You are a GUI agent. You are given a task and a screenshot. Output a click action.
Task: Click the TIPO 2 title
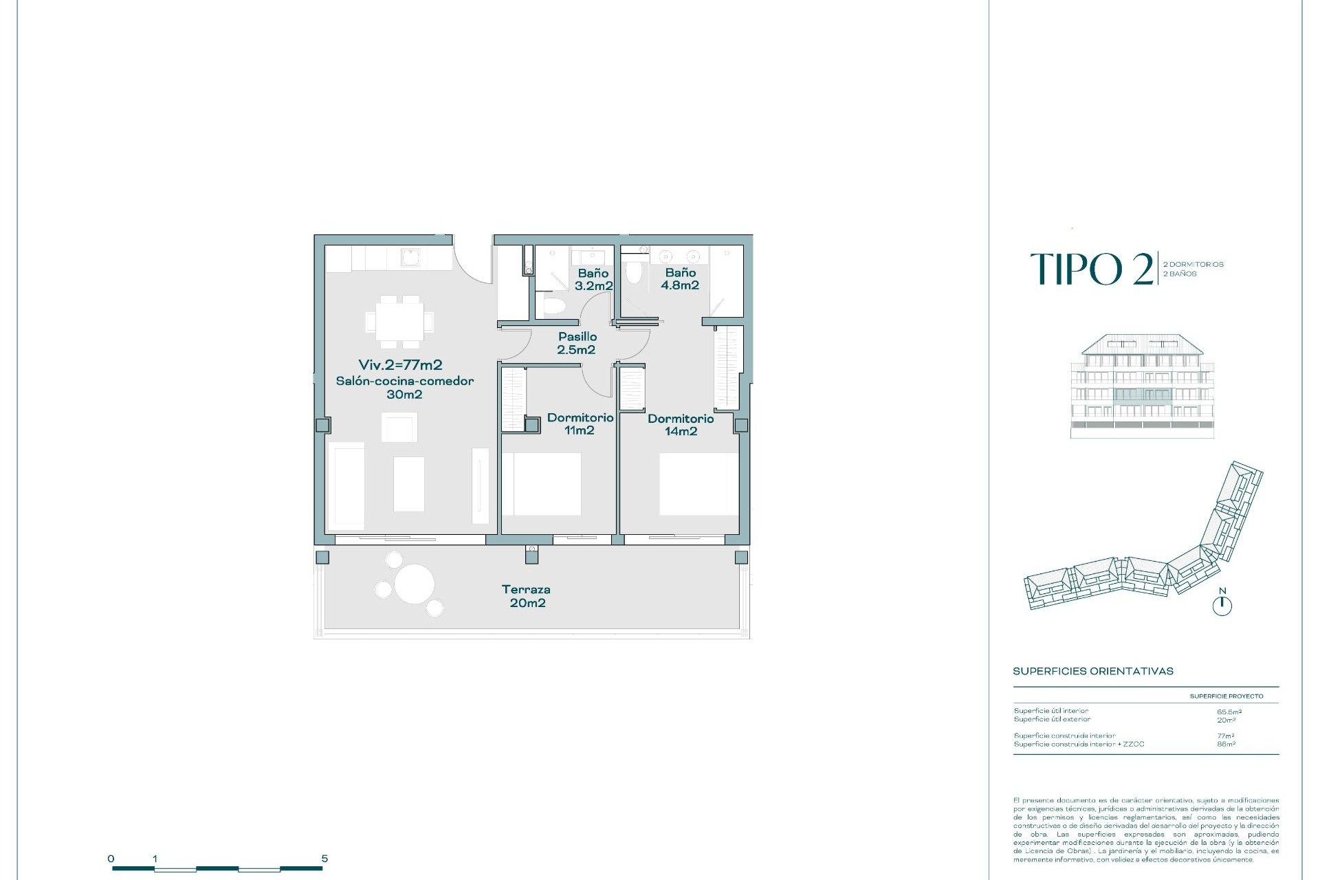[1092, 269]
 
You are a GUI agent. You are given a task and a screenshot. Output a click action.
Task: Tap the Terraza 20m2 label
[527, 596]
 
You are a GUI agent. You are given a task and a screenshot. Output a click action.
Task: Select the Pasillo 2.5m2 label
[577, 343]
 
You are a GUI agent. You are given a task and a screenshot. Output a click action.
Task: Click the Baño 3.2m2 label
[593, 279]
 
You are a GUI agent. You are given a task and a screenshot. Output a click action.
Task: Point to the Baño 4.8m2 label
[680, 279]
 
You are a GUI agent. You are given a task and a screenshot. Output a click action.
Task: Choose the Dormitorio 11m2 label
[580, 423]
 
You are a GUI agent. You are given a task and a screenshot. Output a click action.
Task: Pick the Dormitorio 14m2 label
[681, 425]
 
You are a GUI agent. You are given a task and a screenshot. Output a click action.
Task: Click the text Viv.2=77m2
[400, 365]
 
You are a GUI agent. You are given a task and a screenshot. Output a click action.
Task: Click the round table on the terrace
[414, 584]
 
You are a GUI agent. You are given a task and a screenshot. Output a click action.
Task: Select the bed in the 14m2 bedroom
[698, 484]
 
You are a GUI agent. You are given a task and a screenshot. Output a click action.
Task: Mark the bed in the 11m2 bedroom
[542, 484]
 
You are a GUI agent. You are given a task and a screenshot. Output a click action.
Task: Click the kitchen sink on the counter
[411, 258]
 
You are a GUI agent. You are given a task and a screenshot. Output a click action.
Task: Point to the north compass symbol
[1222, 605]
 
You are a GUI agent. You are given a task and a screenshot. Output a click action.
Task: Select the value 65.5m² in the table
[1229, 712]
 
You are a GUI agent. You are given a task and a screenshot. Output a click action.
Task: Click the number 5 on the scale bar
[324, 859]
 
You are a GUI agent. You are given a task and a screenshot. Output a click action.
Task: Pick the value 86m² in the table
[1226, 744]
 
